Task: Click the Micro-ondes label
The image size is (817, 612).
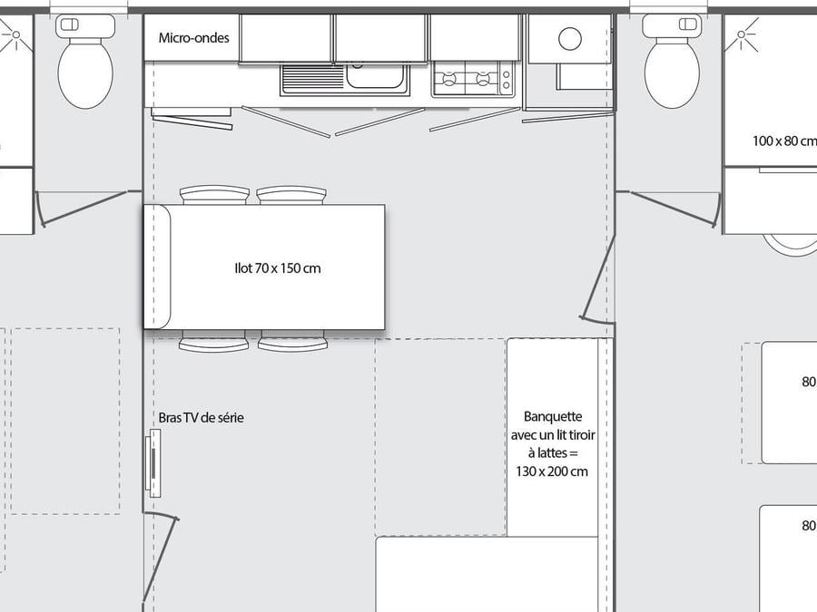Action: click(x=194, y=37)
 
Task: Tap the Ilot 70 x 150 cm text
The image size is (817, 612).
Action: click(x=278, y=268)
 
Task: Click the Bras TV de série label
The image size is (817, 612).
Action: click(x=202, y=417)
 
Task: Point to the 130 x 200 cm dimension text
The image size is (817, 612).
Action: click(x=552, y=471)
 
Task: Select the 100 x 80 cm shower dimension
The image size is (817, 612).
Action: click(x=784, y=141)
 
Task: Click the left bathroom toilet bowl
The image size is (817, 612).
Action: click(x=85, y=74)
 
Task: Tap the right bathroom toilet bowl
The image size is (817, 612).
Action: click(x=672, y=74)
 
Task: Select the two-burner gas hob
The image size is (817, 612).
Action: click(x=472, y=79)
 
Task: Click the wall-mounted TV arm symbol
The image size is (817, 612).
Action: click(x=153, y=462)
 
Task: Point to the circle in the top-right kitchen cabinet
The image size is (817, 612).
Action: click(x=569, y=38)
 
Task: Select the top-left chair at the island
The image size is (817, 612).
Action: click(x=214, y=195)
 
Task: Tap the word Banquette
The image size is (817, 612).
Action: click(x=552, y=416)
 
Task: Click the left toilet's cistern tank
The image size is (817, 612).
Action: click(x=85, y=25)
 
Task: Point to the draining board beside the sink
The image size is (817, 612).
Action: click(x=312, y=78)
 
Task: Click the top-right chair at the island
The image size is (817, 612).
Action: click(x=291, y=195)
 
